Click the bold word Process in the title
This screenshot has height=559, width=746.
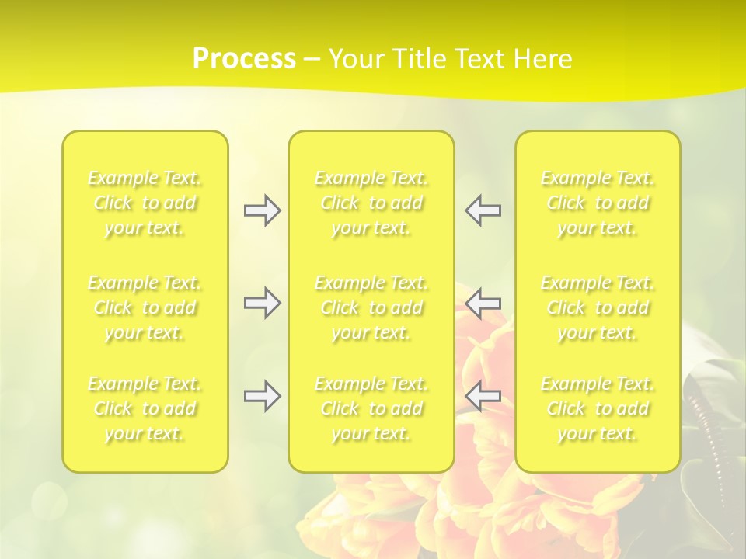point(244,59)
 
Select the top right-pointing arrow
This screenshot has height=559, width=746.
point(262,210)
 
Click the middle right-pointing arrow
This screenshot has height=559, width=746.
point(262,303)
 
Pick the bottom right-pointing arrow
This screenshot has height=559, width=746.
point(262,396)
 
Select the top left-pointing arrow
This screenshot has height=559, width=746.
point(483,210)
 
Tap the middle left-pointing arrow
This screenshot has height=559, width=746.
point(483,303)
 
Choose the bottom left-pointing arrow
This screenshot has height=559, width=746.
point(483,396)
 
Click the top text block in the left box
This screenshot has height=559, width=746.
point(145,203)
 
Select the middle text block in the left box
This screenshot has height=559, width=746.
point(145,307)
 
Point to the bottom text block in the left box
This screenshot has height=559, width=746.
point(145,408)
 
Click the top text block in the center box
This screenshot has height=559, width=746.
point(371,203)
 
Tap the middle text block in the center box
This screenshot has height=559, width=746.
point(371,307)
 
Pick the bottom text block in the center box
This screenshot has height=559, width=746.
point(371,408)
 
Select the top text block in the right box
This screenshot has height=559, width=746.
point(598,203)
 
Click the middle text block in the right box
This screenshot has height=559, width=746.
point(598,307)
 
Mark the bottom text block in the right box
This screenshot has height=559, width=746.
point(598,408)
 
